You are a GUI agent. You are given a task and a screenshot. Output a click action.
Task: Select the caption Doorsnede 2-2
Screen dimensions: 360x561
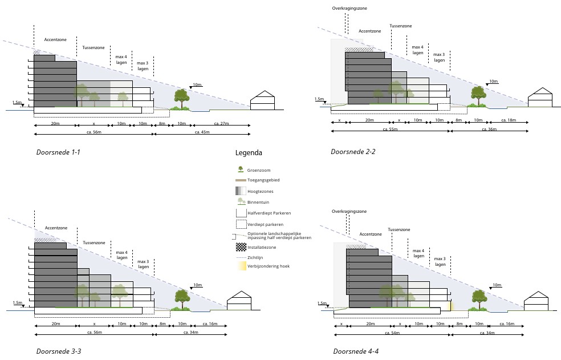click(x=353, y=152)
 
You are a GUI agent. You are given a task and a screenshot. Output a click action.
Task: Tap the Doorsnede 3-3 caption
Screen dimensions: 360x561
click(x=58, y=351)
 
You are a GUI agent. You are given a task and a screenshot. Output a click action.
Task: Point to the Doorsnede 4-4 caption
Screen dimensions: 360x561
click(x=356, y=351)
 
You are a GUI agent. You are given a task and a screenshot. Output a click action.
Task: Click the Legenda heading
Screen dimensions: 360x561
click(x=249, y=153)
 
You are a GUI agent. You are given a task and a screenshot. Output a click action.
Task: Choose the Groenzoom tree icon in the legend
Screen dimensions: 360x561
click(x=240, y=169)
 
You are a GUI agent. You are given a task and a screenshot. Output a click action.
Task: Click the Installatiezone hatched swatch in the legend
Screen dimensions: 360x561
click(x=240, y=247)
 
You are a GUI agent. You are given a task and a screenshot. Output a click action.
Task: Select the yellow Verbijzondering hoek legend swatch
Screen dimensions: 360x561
click(x=240, y=266)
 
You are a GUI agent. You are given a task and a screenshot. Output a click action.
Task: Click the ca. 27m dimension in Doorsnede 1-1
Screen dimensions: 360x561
click(x=221, y=123)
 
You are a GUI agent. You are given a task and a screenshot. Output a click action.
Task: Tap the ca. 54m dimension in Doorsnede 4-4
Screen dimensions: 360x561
click(x=392, y=333)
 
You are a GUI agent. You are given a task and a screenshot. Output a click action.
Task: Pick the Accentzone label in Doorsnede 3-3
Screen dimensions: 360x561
click(x=56, y=228)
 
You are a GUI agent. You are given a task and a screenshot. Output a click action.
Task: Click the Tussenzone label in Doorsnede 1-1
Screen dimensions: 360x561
click(x=93, y=47)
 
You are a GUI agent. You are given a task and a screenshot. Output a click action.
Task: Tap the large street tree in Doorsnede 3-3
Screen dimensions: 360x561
click(x=182, y=298)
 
